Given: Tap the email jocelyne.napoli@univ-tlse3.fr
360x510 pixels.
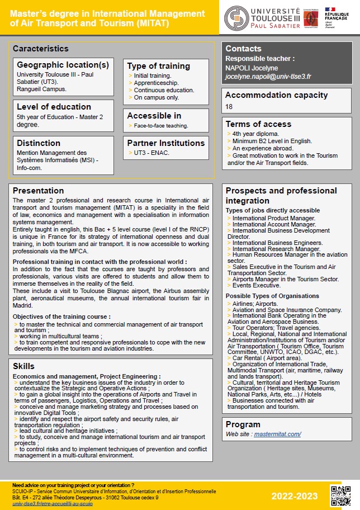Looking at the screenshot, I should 268,77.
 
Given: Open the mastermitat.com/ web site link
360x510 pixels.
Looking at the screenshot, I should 278,434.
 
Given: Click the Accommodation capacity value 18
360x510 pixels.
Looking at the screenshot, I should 229,106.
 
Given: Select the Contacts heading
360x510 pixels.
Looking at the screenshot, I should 243,49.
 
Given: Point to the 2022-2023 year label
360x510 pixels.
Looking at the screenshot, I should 295,496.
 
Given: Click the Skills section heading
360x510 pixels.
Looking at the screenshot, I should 23,366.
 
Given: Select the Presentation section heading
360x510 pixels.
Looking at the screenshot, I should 38,191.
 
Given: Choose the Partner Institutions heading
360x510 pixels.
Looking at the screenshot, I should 166,143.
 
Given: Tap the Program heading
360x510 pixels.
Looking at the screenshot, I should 243,424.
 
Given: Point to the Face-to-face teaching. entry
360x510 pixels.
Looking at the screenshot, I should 161,125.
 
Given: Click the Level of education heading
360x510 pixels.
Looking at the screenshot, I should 54,107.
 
